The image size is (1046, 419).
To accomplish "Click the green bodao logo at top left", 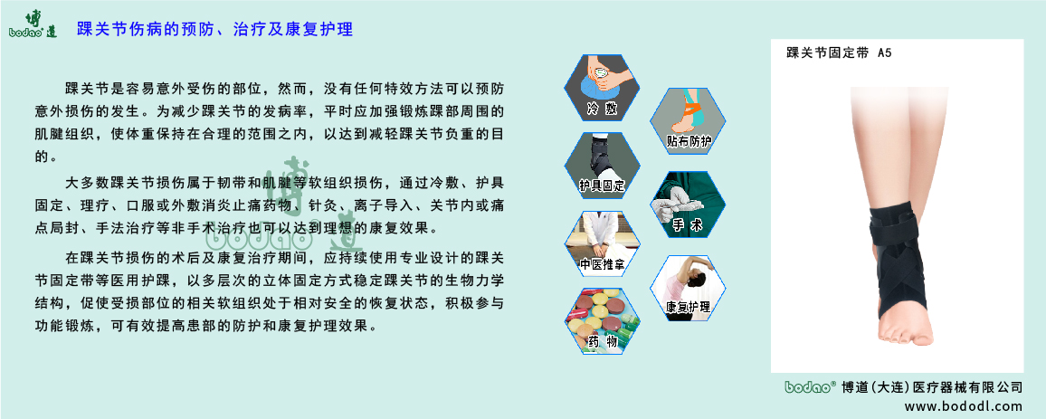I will tap(33, 24).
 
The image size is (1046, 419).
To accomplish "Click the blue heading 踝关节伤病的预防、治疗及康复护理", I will tap(214, 29).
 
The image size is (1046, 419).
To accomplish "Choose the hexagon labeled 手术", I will tap(688, 205).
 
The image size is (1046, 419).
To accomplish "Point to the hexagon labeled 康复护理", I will tap(688, 286).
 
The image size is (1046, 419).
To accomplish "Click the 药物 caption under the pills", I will tap(602, 342).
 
